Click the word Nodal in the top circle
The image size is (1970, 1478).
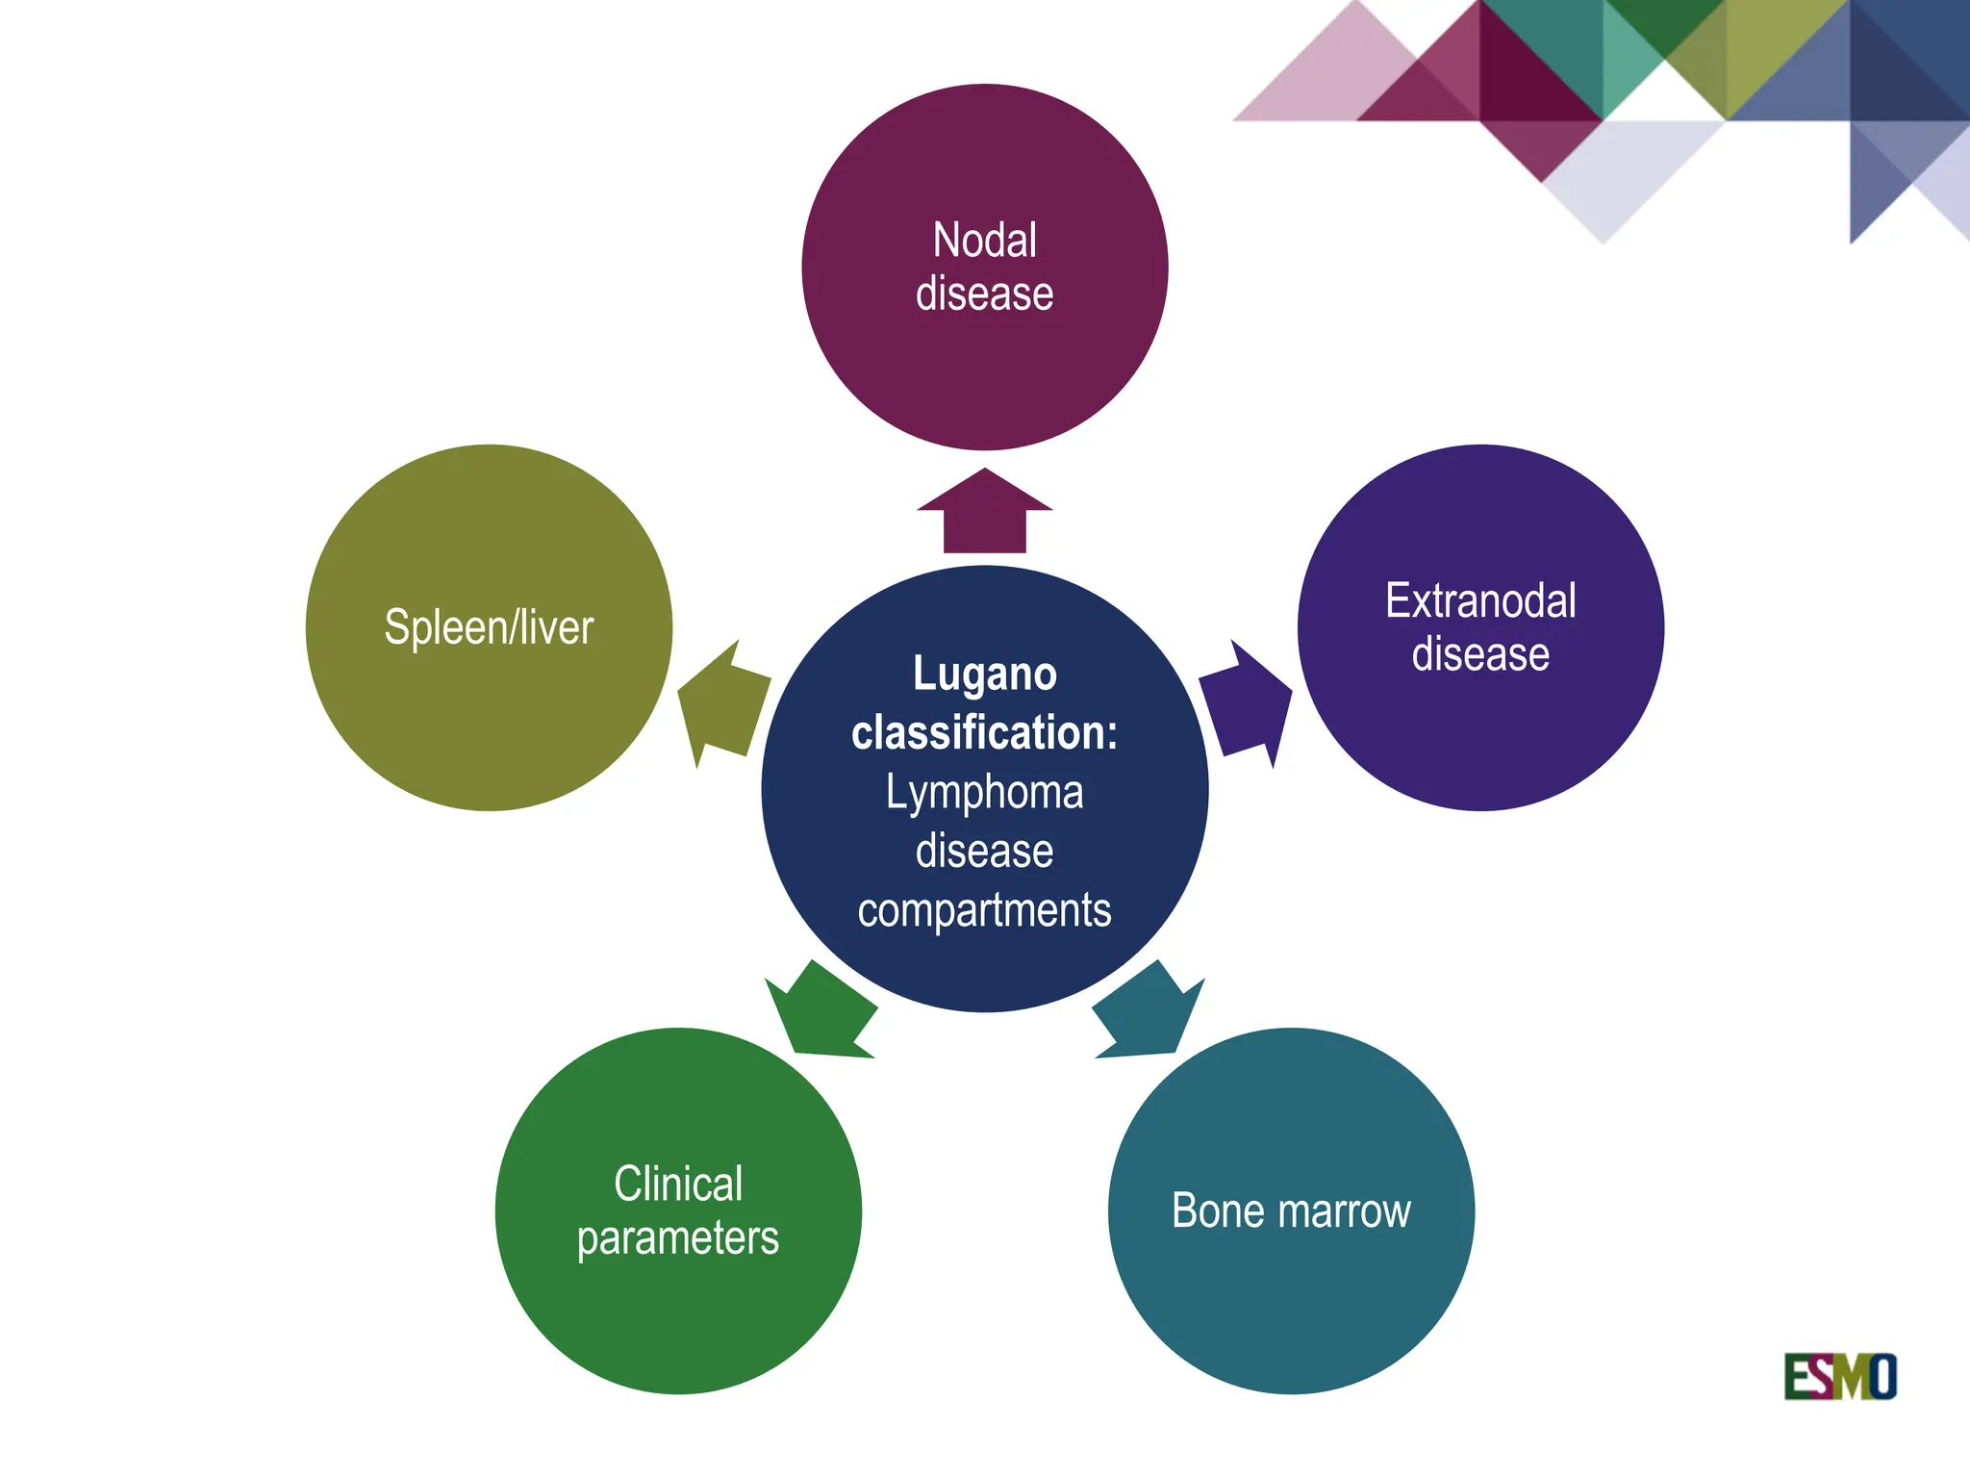984,240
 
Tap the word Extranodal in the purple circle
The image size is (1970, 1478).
1480,601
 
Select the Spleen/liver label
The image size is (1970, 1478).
489,627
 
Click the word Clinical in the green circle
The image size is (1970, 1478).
678,1184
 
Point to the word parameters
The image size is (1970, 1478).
678,1238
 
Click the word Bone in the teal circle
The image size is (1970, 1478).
1216,1210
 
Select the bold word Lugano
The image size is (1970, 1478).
984,674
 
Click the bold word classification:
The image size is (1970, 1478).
984,732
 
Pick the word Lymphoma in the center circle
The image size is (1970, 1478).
984,793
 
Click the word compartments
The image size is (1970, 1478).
984,910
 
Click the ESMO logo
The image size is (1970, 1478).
1839,1376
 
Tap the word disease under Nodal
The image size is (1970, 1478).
984,293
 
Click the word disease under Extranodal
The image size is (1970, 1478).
1480,655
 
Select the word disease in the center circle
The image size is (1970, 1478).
984,852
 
